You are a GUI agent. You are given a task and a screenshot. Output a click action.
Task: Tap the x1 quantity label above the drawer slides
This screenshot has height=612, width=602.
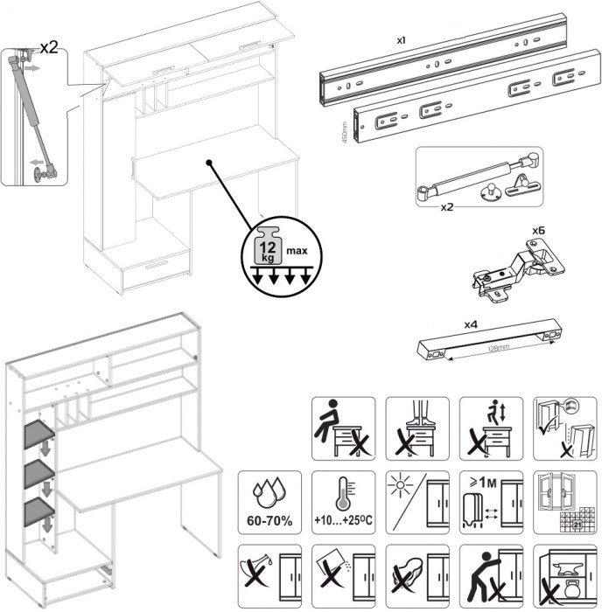coord(401,40)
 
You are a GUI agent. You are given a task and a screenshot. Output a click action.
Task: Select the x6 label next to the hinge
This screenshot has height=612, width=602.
coord(539,233)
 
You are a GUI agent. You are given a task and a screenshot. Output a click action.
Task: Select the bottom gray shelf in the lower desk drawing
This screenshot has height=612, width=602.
coord(39,509)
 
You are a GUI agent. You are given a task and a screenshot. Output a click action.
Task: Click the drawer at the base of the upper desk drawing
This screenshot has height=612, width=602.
coord(157,268)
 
